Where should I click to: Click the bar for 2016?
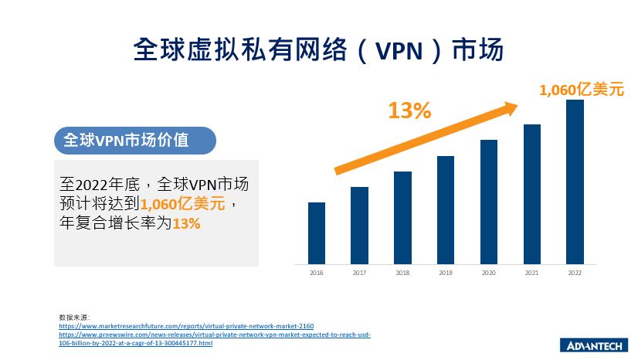(x=316, y=233)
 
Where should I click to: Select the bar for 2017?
(x=359, y=225)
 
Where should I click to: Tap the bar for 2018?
(x=402, y=217)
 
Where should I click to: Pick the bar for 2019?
(x=445, y=209)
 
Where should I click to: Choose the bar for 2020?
(x=488, y=201)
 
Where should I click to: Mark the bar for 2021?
(x=531, y=193)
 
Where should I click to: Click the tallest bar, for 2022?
(x=575, y=182)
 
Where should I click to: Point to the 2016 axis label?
(x=316, y=273)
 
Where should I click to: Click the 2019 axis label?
(x=445, y=273)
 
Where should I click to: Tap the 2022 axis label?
(x=575, y=273)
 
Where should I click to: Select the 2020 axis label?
(x=488, y=273)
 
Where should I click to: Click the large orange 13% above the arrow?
(x=409, y=110)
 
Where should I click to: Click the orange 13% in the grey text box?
(x=186, y=223)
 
